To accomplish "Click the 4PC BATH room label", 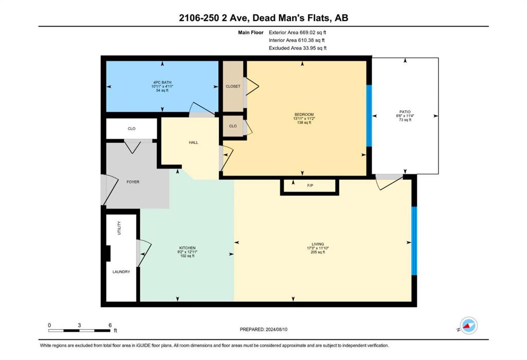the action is [x=162, y=82].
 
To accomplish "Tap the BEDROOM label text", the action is [x=304, y=115].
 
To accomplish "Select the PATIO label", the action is [x=405, y=112].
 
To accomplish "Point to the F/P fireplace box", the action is [x=309, y=187].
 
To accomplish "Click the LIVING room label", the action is [x=318, y=244].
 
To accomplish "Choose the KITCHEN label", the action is [x=187, y=248].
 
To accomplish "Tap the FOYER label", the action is [x=133, y=182].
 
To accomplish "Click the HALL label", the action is [x=194, y=143].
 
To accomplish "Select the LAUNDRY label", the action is [x=121, y=272].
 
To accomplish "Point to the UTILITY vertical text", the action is [x=119, y=228].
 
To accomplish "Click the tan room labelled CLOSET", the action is [x=233, y=86].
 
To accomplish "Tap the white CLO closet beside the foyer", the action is [x=131, y=129].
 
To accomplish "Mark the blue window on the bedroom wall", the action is [x=369, y=116].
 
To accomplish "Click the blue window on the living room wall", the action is [x=414, y=241].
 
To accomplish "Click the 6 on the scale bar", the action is [x=110, y=325].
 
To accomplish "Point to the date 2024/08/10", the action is [x=276, y=330].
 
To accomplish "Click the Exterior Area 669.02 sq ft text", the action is [x=297, y=32].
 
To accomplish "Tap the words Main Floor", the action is [x=251, y=32].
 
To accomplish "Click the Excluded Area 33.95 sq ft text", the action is [x=297, y=48].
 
